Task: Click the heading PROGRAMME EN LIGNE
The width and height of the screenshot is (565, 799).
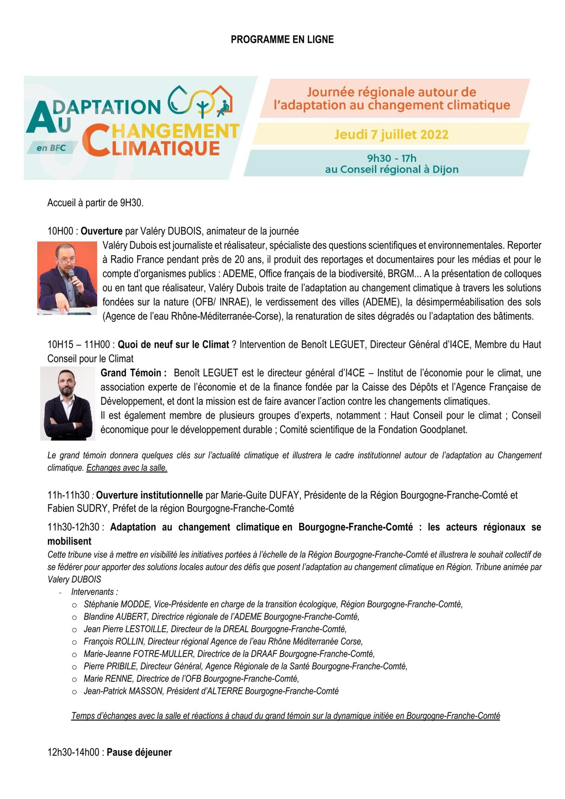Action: tap(282, 40)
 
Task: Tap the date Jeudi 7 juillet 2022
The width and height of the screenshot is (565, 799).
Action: tap(391, 134)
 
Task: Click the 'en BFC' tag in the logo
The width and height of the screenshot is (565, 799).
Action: tap(51, 148)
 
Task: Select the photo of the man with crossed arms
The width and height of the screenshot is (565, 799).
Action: tap(68, 403)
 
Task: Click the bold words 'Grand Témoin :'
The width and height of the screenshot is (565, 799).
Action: tap(133, 373)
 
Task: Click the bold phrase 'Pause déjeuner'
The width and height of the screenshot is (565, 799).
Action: tap(139, 752)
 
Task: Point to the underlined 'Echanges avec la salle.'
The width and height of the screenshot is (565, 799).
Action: tap(127, 468)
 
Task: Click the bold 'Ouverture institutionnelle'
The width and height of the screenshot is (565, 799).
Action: tap(149, 495)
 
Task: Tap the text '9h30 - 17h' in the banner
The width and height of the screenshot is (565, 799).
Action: tap(392, 158)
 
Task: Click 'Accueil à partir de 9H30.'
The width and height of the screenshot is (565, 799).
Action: tap(95, 203)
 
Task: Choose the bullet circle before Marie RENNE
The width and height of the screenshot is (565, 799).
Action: tap(74, 679)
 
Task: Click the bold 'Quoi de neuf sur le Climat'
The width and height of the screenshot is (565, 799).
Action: tap(173, 344)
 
